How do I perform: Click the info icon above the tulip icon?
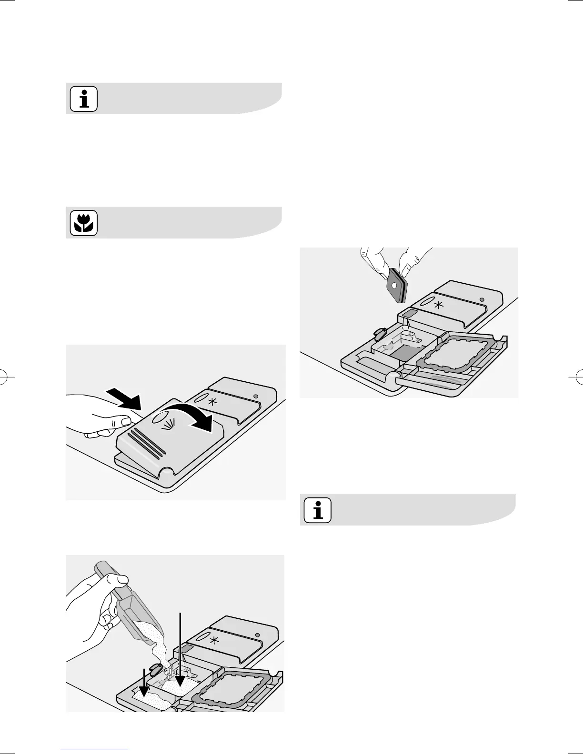pyautogui.click(x=84, y=99)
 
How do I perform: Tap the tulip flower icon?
pyautogui.click(x=84, y=223)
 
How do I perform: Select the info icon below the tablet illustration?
pyautogui.click(x=318, y=510)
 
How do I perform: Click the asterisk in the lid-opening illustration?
pyautogui.click(x=212, y=401)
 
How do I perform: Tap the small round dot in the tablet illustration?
pyautogui.click(x=482, y=299)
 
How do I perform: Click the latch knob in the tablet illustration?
pyautogui.click(x=380, y=333)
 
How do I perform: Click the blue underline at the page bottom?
pyautogui.click(x=95, y=750)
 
